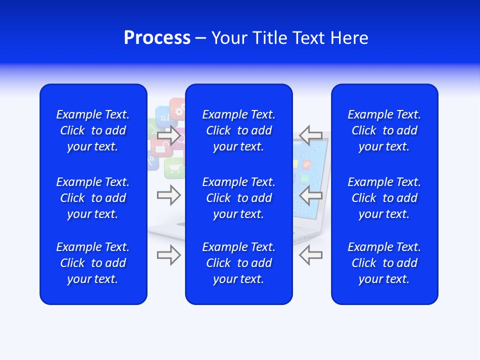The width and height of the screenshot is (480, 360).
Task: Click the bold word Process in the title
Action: tap(157, 38)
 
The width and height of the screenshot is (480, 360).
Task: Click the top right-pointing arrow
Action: tap(168, 135)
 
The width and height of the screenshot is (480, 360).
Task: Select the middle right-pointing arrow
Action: tap(168, 195)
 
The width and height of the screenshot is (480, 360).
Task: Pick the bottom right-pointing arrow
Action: tap(168, 255)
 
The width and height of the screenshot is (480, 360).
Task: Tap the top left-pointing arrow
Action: tap(311, 135)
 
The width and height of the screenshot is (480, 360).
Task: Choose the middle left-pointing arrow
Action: tap(311, 195)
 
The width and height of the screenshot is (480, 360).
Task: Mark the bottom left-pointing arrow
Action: tap(311, 255)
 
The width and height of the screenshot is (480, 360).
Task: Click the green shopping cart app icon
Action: tap(174, 167)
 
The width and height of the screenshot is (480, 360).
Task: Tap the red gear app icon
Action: tap(177, 107)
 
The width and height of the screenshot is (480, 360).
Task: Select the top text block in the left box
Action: tap(93, 130)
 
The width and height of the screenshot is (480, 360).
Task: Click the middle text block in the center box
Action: tap(238, 198)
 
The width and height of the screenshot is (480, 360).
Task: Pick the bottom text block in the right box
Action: tap(384, 263)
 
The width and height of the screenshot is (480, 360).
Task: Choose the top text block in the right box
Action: tap(384, 130)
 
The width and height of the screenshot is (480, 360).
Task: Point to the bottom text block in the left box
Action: tap(93, 263)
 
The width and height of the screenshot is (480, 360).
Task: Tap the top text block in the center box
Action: tap(238, 130)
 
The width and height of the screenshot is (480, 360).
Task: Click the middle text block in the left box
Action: tap(93, 198)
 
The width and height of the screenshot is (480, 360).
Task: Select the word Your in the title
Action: tap(228, 38)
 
